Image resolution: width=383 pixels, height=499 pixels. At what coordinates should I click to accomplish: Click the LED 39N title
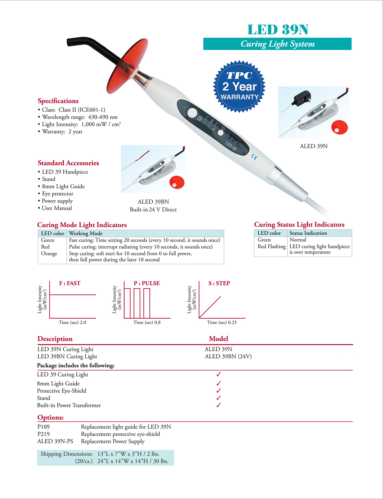(x=278, y=30)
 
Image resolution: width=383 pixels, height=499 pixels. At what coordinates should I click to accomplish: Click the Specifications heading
(x=58, y=101)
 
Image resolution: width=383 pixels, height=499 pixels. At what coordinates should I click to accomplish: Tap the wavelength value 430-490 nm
(x=103, y=117)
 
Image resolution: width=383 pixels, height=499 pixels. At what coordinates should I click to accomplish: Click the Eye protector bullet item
(x=57, y=194)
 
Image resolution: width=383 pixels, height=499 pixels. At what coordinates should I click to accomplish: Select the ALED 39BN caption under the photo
(x=153, y=202)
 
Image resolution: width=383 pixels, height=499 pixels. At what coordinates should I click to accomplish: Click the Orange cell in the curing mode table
(x=49, y=254)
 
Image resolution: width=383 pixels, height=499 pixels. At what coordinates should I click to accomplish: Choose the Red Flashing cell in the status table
(x=271, y=246)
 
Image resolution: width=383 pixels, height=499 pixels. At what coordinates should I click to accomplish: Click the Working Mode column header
(x=86, y=234)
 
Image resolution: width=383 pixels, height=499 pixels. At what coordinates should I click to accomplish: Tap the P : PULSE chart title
(x=147, y=283)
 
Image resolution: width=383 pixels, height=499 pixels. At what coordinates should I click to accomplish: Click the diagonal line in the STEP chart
(x=210, y=307)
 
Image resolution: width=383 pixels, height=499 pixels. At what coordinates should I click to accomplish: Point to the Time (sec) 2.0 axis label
(x=72, y=323)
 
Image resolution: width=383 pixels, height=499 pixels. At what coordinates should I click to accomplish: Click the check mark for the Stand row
(x=219, y=398)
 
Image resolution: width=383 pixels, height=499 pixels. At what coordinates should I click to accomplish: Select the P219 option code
(x=43, y=434)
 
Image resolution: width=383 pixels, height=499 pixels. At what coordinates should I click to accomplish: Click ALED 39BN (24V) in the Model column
(x=228, y=357)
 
